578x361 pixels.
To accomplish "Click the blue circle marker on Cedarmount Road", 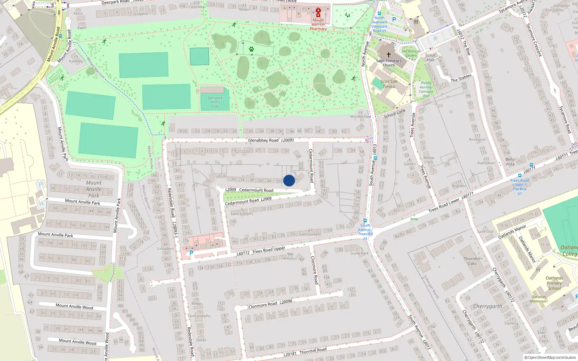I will (289, 180).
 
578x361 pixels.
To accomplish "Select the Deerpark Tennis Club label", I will (215, 102).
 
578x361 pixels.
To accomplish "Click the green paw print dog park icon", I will (251, 49).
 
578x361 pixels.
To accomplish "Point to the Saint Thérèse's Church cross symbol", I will (389, 55).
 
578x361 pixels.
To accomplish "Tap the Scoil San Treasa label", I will (389, 84).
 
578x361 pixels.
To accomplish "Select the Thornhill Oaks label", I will (472, 261).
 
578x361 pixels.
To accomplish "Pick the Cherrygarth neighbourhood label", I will (488, 306).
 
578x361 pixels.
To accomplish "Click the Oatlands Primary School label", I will (554, 283).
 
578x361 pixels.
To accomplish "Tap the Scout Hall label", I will (430, 58).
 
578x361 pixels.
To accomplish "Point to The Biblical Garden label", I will (411, 53).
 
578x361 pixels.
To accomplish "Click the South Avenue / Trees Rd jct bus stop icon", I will (365, 220).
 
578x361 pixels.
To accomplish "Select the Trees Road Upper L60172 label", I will (261, 251).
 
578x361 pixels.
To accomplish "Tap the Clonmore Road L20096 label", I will (270, 304).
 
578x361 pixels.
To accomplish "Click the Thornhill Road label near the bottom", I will (305, 351).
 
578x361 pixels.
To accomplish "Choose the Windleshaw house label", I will (360, 116).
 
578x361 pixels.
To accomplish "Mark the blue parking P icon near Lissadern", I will (191, 253).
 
